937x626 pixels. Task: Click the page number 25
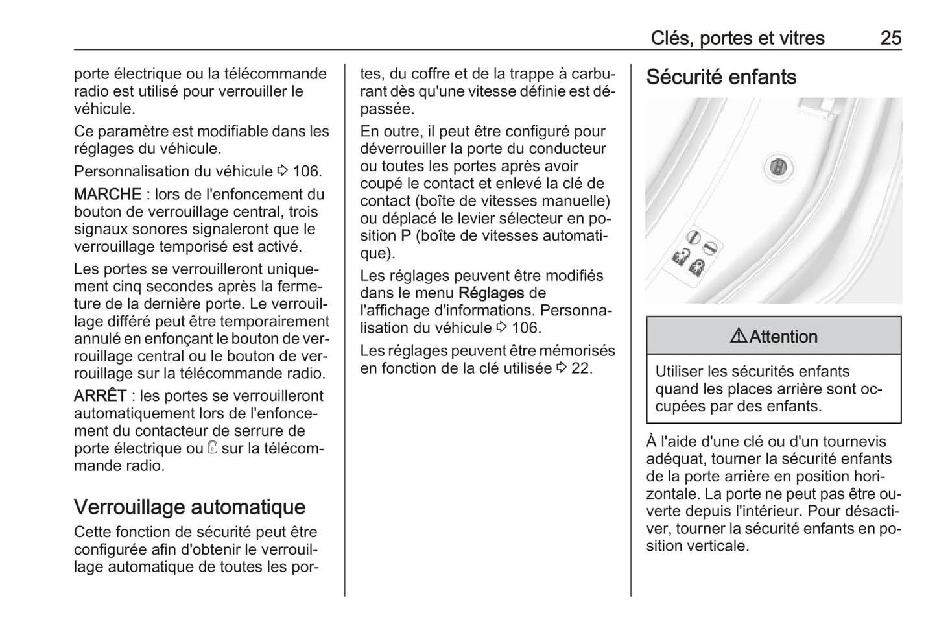(890, 38)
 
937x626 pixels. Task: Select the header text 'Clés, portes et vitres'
(737, 38)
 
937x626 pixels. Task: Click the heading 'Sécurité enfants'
(720, 77)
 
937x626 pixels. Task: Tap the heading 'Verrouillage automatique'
(189, 507)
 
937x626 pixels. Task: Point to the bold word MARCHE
(108, 194)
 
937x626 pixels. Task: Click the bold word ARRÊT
(100, 396)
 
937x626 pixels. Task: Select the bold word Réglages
(491, 293)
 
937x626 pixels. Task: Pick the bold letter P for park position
(406, 236)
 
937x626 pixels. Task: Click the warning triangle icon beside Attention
(739, 336)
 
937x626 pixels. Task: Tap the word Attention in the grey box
(783, 337)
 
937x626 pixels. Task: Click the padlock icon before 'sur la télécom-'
(212, 448)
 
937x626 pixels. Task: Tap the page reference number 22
(581, 368)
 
